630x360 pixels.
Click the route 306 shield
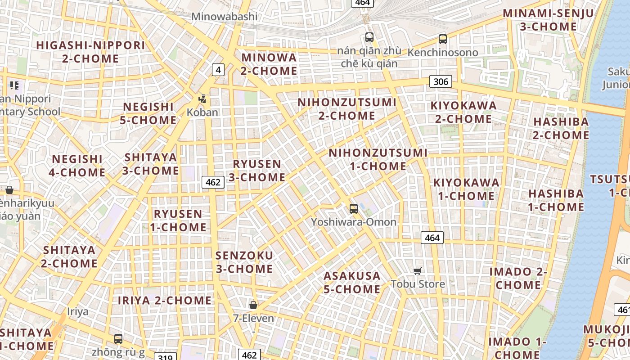[441, 81]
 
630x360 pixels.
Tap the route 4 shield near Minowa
[218, 70]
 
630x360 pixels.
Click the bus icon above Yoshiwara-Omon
[354, 209]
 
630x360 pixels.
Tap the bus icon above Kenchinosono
[443, 39]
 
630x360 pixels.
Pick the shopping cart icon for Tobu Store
[418, 271]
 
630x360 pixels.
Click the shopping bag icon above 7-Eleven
[253, 305]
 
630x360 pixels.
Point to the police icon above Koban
[202, 99]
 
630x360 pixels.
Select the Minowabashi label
[225, 17]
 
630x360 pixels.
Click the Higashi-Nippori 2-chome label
[91, 52]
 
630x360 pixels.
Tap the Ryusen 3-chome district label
[257, 171]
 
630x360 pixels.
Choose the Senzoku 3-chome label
[244, 262]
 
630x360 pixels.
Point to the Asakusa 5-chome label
[352, 282]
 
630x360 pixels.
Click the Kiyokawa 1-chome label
[466, 189]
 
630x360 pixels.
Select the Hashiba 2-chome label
[561, 128]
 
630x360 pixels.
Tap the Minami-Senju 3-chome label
[548, 20]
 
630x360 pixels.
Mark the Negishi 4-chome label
[77, 166]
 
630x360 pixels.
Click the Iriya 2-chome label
[165, 300]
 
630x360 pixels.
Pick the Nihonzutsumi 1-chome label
[378, 159]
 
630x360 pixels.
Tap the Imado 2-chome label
[518, 278]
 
